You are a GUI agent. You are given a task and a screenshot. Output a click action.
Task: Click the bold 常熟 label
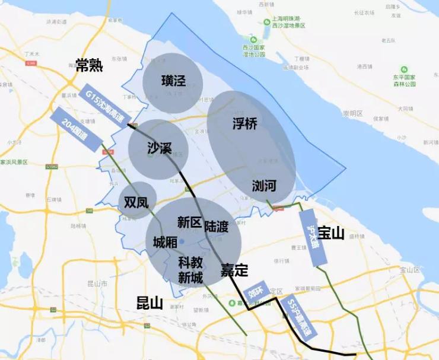[x=89, y=65]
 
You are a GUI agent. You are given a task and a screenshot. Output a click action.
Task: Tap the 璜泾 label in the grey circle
[x=173, y=80]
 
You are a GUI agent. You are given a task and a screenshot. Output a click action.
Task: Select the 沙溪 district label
[x=159, y=148]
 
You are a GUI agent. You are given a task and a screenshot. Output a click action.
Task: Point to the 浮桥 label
[x=245, y=124]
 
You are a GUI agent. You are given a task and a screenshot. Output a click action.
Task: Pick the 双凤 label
[x=136, y=202]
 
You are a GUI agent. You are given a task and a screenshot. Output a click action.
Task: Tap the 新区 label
[x=190, y=222]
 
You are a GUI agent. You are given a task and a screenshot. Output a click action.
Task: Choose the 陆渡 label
[x=216, y=227]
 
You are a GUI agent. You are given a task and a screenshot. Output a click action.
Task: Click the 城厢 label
[x=165, y=242]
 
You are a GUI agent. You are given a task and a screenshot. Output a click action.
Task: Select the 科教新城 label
[x=190, y=269]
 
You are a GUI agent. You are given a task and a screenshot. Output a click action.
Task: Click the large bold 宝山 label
[x=330, y=233]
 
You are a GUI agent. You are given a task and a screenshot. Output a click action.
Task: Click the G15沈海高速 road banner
[x=104, y=106]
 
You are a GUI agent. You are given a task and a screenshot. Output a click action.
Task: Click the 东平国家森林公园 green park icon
[x=405, y=69]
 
